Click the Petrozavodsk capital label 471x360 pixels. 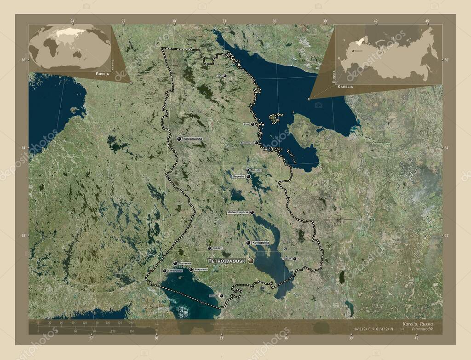[227, 261]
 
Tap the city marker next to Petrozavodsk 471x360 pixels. [251, 261]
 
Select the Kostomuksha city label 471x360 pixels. [192, 138]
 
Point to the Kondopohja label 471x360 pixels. [260, 242]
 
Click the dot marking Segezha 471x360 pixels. [248, 176]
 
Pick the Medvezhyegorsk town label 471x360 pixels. [238, 212]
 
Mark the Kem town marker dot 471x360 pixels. [253, 124]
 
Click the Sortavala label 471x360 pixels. [185, 263]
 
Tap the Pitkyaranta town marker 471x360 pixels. [191, 269]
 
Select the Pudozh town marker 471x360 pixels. [294, 258]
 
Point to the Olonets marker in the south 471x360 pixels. [221, 296]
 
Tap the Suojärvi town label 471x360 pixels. [218, 248]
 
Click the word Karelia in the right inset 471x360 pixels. [345, 86]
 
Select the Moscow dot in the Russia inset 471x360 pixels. [353, 51]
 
